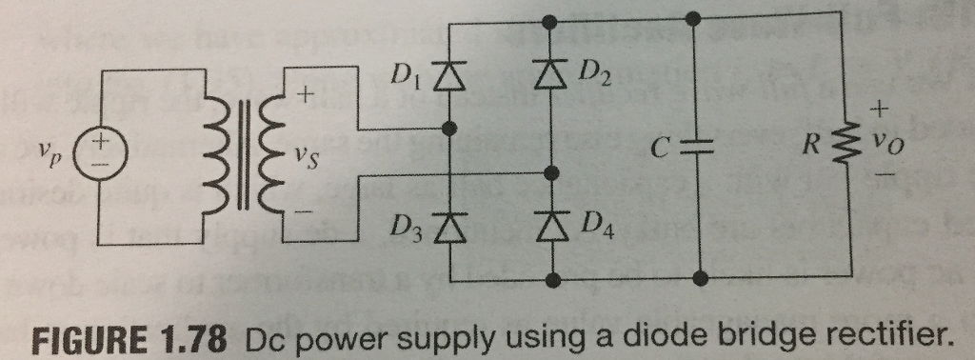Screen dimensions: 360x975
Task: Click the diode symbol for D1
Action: click(x=452, y=74)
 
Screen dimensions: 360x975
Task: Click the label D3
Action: click(x=408, y=230)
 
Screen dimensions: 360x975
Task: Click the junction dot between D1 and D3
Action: click(x=452, y=127)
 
